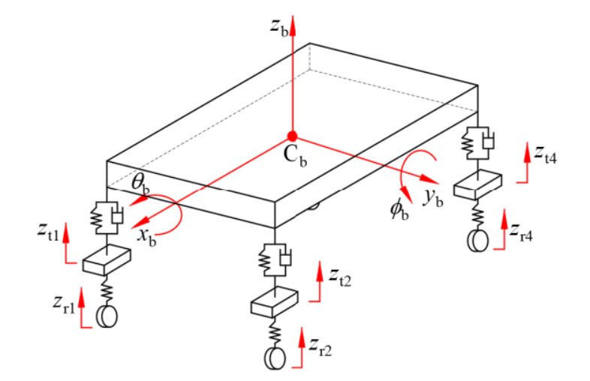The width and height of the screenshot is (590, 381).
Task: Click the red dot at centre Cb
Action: point(292,136)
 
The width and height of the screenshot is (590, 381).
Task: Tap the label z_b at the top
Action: point(279,28)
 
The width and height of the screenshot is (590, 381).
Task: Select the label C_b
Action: point(296,154)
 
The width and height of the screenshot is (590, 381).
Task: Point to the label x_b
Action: point(146,236)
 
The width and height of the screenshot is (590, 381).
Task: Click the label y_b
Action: point(433,197)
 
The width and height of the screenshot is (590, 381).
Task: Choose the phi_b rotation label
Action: point(399,210)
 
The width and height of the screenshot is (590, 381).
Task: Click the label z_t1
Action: point(48,231)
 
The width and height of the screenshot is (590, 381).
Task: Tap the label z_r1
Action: point(64,304)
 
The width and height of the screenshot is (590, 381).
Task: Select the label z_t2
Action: point(340,277)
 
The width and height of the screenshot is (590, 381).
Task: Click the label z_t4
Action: point(545,154)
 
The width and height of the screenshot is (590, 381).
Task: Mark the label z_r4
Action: point(521,232)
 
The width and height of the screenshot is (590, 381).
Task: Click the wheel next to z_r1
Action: point(107,316)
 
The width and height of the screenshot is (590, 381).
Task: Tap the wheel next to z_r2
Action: point(275,358)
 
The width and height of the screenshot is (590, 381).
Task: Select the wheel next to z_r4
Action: point(478,240)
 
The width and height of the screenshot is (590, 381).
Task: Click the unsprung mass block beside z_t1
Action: point(107,260)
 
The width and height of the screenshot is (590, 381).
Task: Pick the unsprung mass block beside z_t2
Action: point(275,302)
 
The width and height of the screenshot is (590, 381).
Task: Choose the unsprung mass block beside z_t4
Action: point(478,184)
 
